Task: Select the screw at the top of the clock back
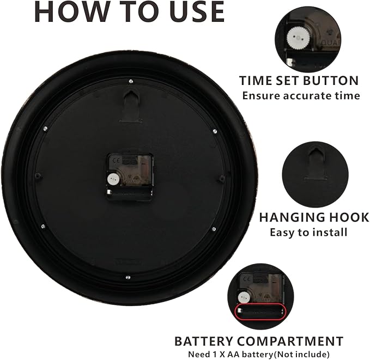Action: pyautogui.click(x=131, y=82)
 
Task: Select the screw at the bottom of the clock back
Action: pyautogui.click(x=128, y=277)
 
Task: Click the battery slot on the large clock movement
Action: pyautogui.click(x=129, y=193)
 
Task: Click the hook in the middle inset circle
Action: pyautogui.click(x=316, y=163)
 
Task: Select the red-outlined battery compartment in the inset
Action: pyautogui.click(x=260, y=312)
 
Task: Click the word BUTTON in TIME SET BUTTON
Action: pyautogui.click(x=331, y=81)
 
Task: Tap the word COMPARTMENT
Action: pyautogui.click(x=290, y=341)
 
